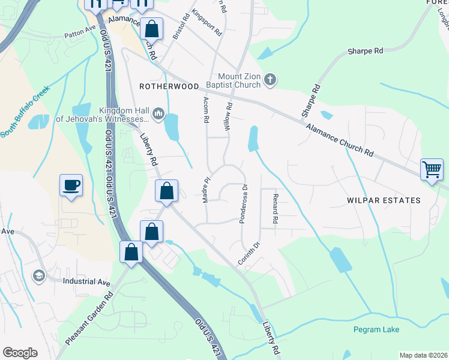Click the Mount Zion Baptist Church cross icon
(271, 79)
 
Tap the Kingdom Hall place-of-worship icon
(158, 113)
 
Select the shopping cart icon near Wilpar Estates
(432, 170)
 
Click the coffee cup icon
(71, 184)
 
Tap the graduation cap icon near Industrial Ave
(40, 275)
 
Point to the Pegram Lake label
(376, 329)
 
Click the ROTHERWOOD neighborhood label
(169, 86)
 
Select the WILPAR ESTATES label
(383, 199)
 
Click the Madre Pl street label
(206, 189)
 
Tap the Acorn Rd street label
(206, 110)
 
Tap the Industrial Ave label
(87, 282)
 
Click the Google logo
(20, 353)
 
